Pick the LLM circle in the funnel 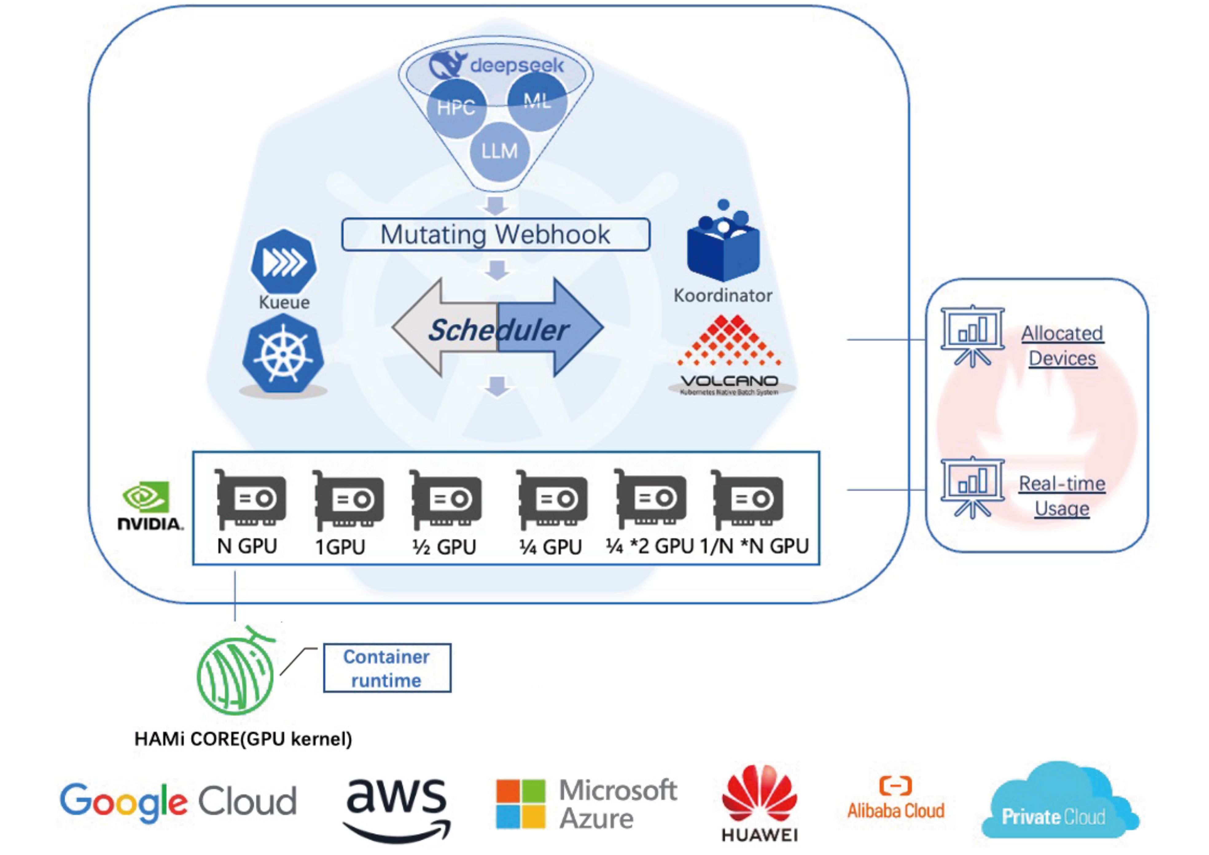tap(499, 152)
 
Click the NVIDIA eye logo tap(146, 497)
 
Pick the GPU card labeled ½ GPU tap(446, 499)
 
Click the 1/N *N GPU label tap(754, 546)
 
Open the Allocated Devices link tap(1062, 346)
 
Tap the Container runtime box tap(387, 668)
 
